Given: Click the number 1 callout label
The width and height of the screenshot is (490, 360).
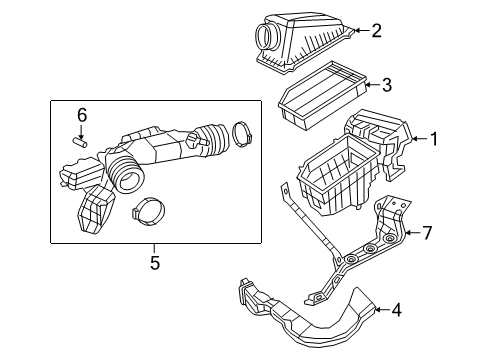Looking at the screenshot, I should [x=434, y=139].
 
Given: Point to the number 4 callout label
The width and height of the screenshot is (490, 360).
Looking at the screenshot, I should [x=396, y=310].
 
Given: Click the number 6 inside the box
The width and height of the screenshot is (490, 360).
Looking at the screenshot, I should [x=83, y=115].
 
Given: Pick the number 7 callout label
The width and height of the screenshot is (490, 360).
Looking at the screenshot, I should [x=426, y=234].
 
